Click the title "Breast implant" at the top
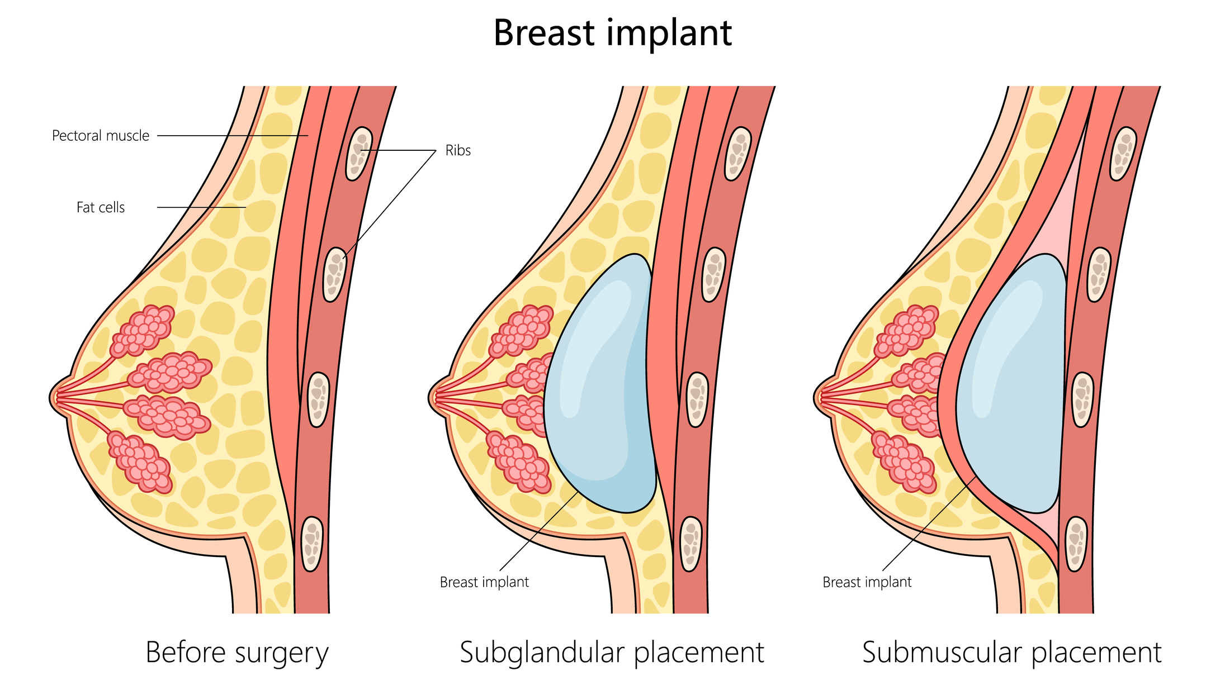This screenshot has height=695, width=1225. coord(612,34)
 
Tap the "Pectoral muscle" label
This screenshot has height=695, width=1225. coord(101,136)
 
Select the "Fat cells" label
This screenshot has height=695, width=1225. coord(101,207)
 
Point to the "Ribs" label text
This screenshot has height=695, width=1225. coord(458,150)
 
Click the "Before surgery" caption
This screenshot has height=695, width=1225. coord(237,653)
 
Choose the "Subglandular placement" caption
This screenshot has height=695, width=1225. coord(612,653)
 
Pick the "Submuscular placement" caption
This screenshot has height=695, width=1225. coord(1011,653)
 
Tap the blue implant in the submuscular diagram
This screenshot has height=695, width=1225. coord(1011,383)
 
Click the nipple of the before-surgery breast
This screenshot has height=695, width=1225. coord(55,397)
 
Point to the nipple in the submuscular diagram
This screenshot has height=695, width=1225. coord(820,397)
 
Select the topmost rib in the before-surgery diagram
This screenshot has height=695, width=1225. coord(359,154)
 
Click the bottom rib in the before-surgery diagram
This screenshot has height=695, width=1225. coord(312,544)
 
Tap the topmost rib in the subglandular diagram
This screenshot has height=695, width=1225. coord(738,154)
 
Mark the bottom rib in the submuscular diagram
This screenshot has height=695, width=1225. coord(1076,544)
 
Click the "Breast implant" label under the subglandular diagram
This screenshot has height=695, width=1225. coord(484,582)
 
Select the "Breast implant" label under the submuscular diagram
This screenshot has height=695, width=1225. coord(867,582)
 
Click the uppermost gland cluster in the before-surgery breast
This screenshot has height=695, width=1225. coord(142,331)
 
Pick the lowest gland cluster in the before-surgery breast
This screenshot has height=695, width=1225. coord(140,461)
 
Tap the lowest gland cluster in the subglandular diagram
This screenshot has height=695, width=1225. coord(519,461)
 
